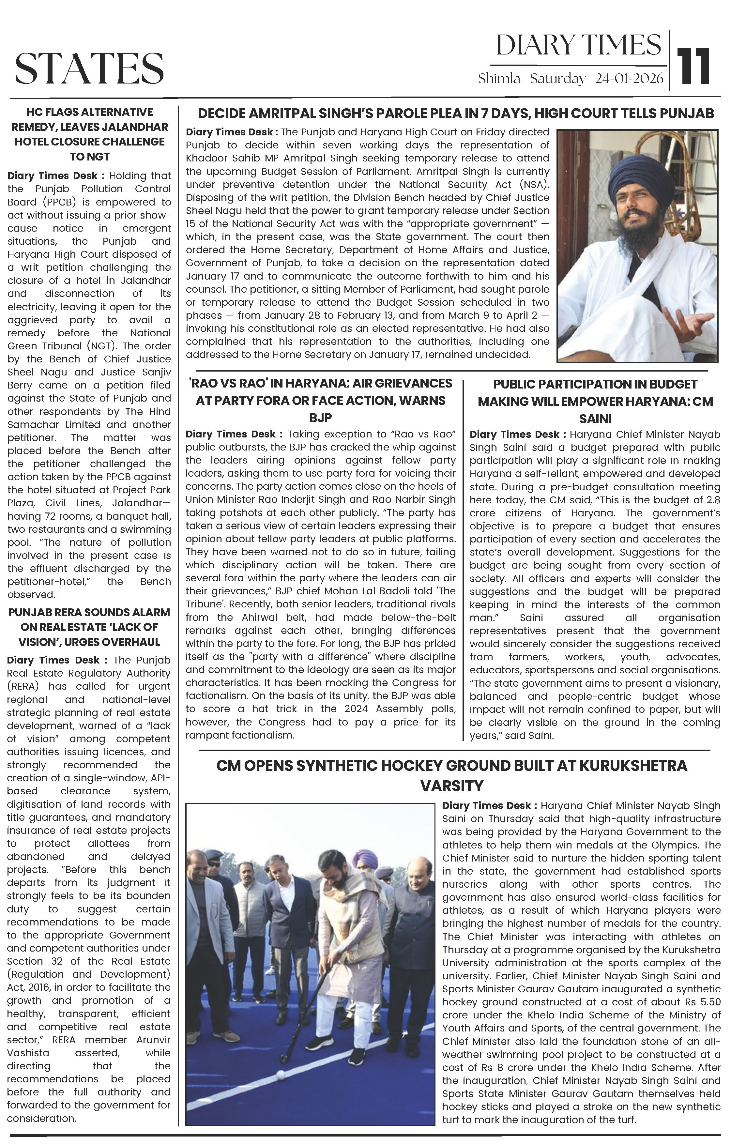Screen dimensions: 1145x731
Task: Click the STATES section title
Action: tap(89, 68)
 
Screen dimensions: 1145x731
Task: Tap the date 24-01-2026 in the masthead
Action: tap(629, 79)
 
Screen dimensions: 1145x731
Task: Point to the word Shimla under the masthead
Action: tap(499, 79)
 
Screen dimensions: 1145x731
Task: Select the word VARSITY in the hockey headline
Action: tap(452, 786)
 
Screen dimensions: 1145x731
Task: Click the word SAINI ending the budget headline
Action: tap(595, 419)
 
